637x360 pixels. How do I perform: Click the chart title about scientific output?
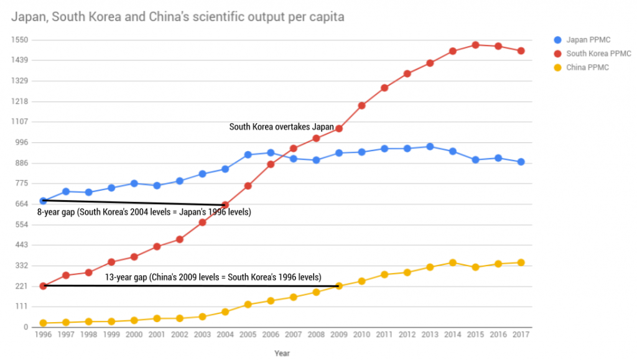[x=177, y=17]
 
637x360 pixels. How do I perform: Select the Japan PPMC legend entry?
[x=587, y=40]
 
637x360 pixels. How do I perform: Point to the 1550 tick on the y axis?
[x=21, y=40]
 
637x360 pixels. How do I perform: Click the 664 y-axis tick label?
[x=22, y=204]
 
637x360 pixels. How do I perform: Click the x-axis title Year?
[x=282, y=353]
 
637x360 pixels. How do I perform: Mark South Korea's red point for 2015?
[x=476, y=45]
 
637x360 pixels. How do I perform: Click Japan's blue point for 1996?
[x=43, y=201]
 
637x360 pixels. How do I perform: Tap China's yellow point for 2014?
[x=453, y=262]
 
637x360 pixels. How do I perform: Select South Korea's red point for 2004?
[x=225, y=205]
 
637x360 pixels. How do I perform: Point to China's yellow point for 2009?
[x=339, y=286]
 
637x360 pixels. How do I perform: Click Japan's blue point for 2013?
[x=430, y=147]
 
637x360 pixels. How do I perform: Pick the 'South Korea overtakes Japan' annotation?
[x=281, y=127]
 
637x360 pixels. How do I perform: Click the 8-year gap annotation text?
[x=144, y=212]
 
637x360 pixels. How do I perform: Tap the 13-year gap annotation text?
[x=213, y=277]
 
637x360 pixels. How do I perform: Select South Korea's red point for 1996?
[x=43, y=286]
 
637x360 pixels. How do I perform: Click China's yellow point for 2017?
[x=521, y=262]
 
